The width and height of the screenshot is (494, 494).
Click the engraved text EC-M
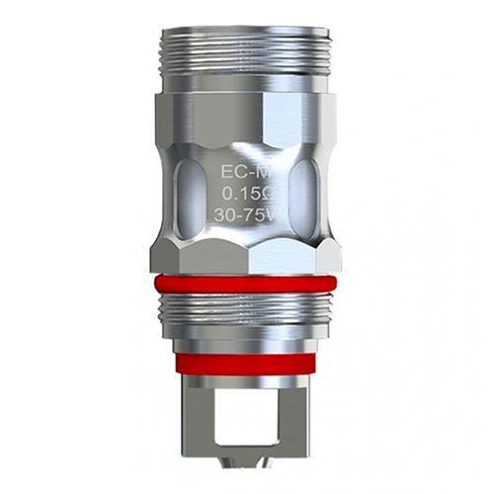click(246, 170)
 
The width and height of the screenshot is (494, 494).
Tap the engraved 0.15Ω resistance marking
click(246, 193)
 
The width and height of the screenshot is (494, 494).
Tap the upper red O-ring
click(247, 285)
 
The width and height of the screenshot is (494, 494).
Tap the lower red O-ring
click(247, 363)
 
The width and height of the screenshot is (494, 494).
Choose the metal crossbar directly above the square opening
click(247, 387)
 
